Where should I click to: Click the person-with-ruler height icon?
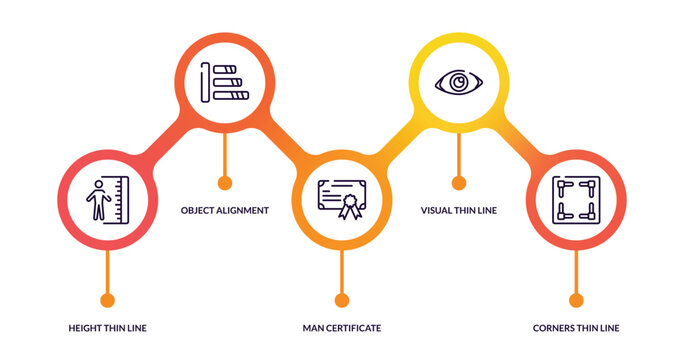coord(107,199)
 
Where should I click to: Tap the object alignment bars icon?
coord(224,81)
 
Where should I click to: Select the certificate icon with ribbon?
coord(341,199)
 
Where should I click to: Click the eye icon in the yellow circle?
coord(458,82)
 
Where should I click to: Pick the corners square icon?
coord(575,199)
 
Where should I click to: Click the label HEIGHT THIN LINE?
coord(108,328)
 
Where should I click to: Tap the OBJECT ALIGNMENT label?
coord(224,210)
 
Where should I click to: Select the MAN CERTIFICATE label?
coord(342,328)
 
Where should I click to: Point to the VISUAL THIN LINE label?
coord(459,210)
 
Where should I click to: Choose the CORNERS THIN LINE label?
coord(576,328)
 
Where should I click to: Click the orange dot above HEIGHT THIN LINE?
coord(108,300)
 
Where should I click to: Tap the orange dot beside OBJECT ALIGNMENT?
coord(225,183)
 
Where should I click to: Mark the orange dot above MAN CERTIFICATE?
coord(342,300)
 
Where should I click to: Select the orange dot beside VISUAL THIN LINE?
coord(459,183)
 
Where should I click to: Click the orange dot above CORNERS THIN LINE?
coord(576,300)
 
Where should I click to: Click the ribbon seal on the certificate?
coord(349,207)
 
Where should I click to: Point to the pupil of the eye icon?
coord(458,82)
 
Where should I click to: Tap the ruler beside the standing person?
coord(121,199)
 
